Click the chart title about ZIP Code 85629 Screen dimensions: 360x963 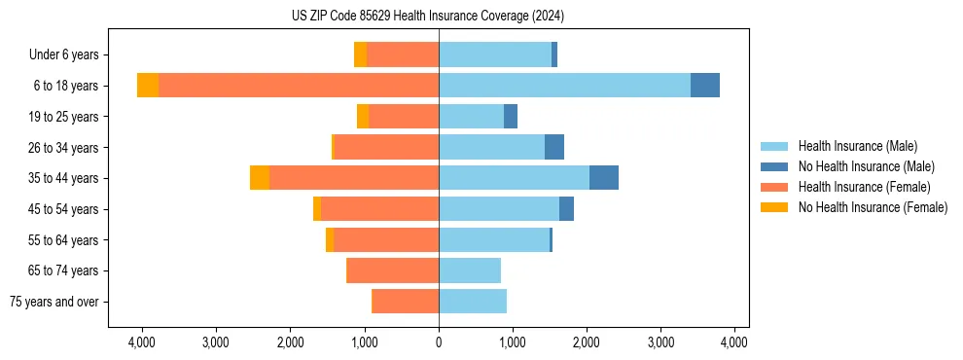427,17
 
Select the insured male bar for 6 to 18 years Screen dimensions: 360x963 564,86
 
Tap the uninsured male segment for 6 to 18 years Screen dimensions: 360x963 705,86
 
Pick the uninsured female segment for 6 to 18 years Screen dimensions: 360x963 148,86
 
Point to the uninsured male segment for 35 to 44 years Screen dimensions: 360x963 604,178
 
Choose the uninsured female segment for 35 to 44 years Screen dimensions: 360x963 260,178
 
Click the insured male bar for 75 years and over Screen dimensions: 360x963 473,302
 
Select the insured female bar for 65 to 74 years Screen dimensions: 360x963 393,270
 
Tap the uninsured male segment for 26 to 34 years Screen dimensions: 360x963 554,147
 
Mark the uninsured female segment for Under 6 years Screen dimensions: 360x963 360,54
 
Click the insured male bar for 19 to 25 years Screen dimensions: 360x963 472,117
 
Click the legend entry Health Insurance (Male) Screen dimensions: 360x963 857,146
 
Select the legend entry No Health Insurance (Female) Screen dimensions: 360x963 873,207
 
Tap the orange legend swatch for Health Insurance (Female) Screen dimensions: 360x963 775,187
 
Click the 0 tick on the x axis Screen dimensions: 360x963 439,342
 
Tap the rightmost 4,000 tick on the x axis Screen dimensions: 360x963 733,342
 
